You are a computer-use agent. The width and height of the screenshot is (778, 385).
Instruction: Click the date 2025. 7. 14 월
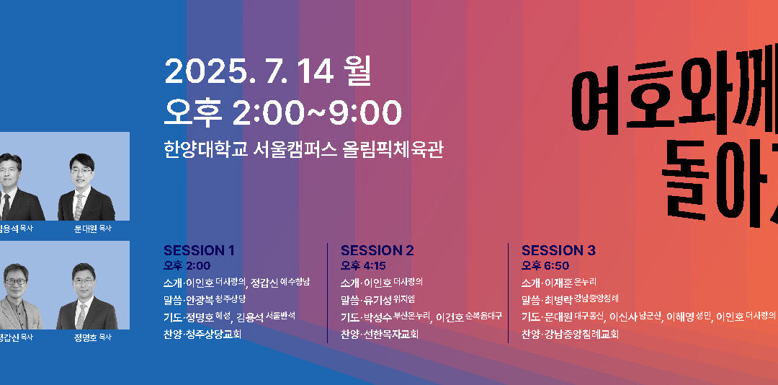pos(267,71)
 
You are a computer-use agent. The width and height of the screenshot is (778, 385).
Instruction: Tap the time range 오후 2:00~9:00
pos(282,112)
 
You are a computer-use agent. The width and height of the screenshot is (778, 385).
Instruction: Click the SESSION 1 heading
pos(199,251)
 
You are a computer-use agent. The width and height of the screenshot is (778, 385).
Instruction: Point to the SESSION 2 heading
pos(377,251)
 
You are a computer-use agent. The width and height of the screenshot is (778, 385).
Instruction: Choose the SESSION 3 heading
pos(558,251)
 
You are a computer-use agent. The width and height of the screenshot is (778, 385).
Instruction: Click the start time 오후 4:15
pos(365,265)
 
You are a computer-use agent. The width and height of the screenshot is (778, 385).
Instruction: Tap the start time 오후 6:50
pos(546,265)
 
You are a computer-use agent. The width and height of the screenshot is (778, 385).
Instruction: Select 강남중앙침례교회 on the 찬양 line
pos(583,334)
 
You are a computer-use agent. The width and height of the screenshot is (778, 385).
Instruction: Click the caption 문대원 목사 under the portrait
pos(92,229)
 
